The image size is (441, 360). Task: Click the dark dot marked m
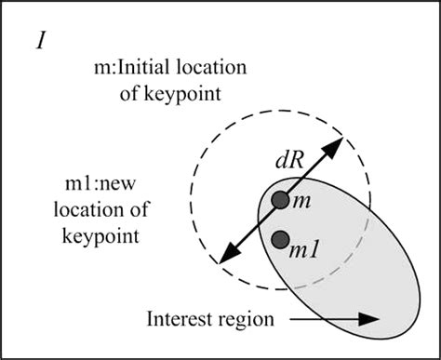279,200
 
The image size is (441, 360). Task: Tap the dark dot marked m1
279,240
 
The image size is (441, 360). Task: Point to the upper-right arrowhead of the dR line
337,143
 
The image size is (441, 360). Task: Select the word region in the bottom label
247,321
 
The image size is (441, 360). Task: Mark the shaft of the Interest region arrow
316,318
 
